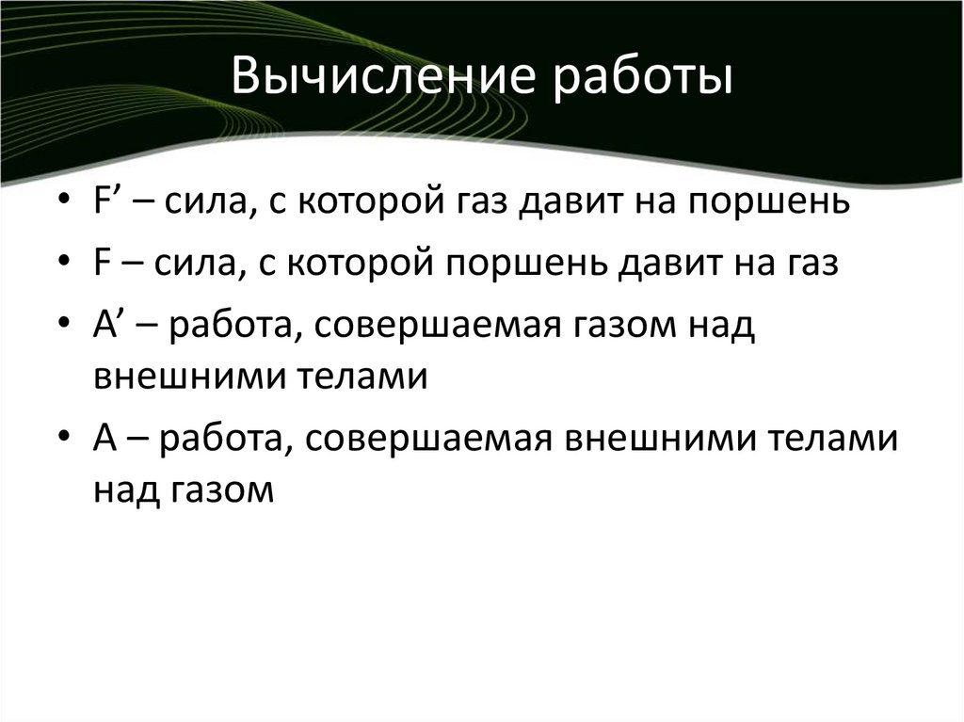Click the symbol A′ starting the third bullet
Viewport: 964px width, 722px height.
tap(105, 325)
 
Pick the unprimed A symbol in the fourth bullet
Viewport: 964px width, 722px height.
tap(103, 441)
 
